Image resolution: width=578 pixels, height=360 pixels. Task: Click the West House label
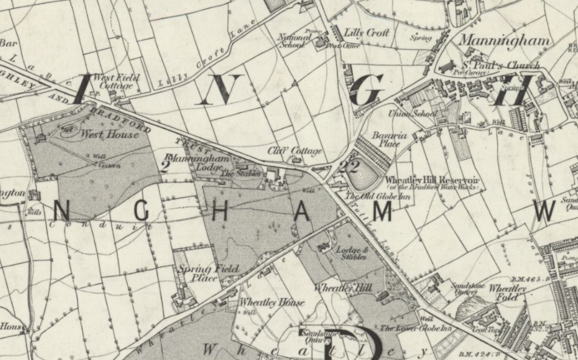point(109,135)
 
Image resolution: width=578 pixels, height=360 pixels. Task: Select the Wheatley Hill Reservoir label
point(431,180)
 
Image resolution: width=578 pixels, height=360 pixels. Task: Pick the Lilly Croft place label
point(366,33)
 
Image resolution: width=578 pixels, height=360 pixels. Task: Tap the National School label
point(295,41)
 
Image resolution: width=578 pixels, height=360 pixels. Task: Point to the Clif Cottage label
point(295,151)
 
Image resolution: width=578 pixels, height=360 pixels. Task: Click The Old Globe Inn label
point(371,196)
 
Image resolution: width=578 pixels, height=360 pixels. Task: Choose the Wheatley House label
point(272,302)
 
